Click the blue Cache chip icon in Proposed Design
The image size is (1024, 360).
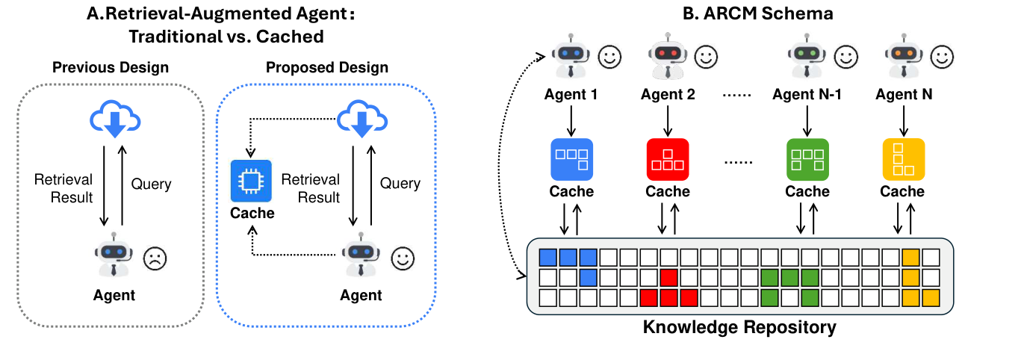tap(252, 181)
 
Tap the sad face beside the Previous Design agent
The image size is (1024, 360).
tap(155, 258)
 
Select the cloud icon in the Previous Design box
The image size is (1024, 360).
tap(114, 121)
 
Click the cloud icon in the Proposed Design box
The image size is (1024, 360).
tap(361, 121)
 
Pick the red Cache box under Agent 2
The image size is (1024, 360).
tap(667, 158)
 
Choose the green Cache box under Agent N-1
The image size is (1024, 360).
tap(807, 158)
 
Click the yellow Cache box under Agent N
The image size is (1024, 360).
tap(903, 158)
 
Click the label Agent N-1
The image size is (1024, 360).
tap(807, 95)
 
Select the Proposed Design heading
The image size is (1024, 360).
tap(327, 67)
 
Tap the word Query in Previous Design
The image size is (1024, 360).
tap(152, 184)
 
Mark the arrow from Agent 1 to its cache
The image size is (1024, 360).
tap(571, 120)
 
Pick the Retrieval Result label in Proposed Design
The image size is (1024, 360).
tap(310, 188)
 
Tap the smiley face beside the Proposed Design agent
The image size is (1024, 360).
tap(403, 258)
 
